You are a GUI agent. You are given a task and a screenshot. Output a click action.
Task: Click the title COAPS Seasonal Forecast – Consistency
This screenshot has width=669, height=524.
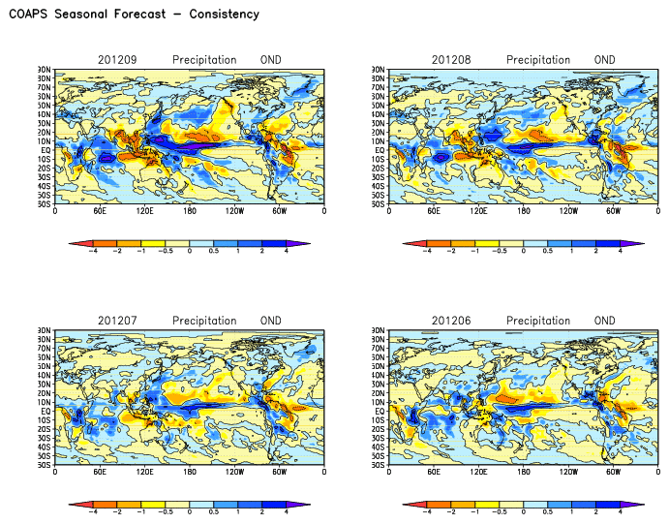[134, 15]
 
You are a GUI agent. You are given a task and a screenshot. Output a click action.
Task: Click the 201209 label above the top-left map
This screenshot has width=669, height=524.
[117, 60]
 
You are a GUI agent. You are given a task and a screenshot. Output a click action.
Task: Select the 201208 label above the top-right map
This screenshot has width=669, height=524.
[451, 60]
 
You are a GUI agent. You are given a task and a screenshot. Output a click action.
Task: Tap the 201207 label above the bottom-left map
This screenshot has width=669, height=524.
[117, 321]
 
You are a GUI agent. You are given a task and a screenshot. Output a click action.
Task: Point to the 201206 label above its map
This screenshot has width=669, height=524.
[451, 321]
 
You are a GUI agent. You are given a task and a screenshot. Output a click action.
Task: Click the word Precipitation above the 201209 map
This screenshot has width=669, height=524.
[204, 60]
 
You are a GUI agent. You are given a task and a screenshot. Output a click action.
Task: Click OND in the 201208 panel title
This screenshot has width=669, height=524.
[605, 60]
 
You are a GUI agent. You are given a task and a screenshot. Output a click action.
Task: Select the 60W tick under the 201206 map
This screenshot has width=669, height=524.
[613, 471]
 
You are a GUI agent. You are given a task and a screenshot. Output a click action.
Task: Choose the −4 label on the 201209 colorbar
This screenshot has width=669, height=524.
[94, 251]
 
